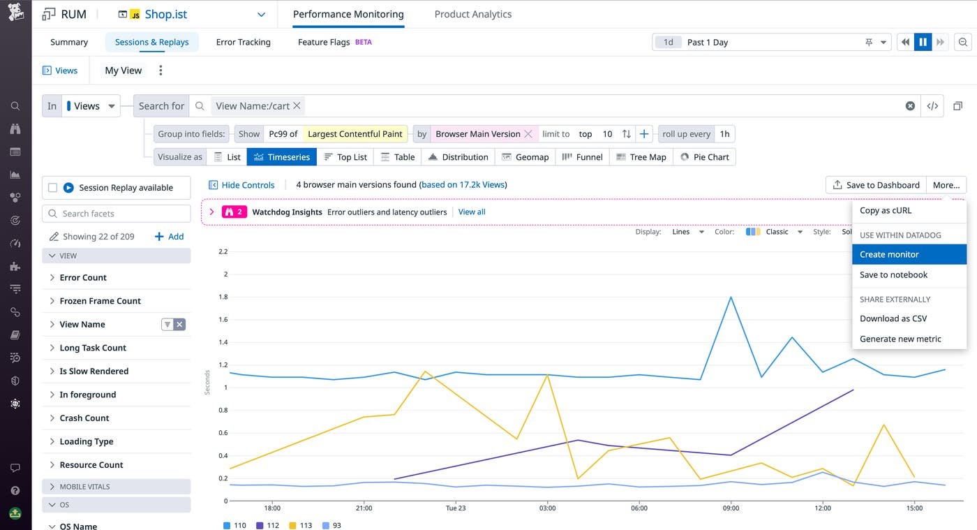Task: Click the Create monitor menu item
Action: click(888, 254)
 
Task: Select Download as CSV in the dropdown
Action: click(893, 318)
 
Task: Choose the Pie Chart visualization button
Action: click(704, 157)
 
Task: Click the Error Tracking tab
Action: click(243, 42)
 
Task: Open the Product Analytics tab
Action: click(472, 14)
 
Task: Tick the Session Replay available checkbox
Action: click(52, 188)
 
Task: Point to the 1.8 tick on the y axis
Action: click(223, 297)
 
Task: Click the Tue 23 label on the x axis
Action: click(455, 508)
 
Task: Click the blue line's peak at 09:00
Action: click(731, 297)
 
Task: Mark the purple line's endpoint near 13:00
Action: click(853, 390)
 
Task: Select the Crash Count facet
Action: click(84, 418)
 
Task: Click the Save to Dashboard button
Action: click(876, 185)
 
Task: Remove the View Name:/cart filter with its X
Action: click(297, 105)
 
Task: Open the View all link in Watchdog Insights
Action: click(472, 212)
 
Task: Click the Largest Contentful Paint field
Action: click(355, 134)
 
